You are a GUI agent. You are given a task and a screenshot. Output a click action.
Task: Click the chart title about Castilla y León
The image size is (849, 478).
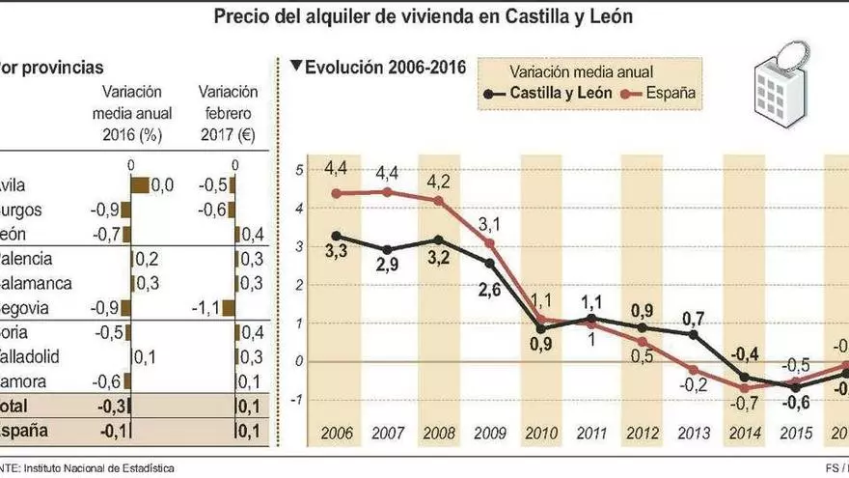[x=424, y=16]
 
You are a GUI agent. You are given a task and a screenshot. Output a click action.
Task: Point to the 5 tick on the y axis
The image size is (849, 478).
[x=300, y=171]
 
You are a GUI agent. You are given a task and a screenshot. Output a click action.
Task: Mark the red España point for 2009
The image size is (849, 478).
[x=491, y=241]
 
